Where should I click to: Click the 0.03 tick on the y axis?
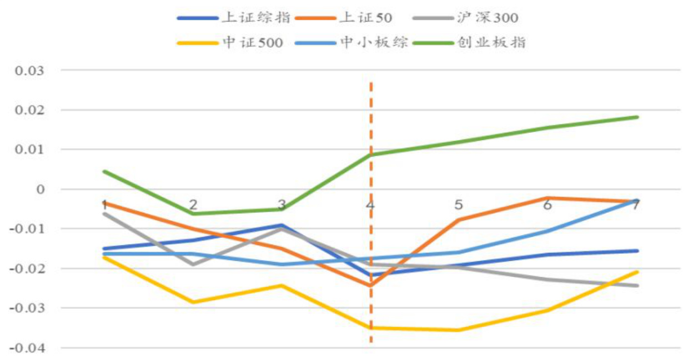pos(30,71)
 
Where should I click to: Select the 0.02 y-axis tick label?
pos(30,110)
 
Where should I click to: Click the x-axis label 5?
pos(459,204)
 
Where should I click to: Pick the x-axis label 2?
pos(193,204)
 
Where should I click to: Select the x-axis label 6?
pos(548,205)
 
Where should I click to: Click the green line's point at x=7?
pos(637,117)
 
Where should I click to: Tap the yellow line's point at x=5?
pos(459,330)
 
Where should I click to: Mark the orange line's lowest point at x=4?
pos(370,286)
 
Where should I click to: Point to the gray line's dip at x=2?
pos(193,264)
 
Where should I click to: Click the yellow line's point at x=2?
pos(193,302)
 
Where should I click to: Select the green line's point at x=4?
pos(370,154)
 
